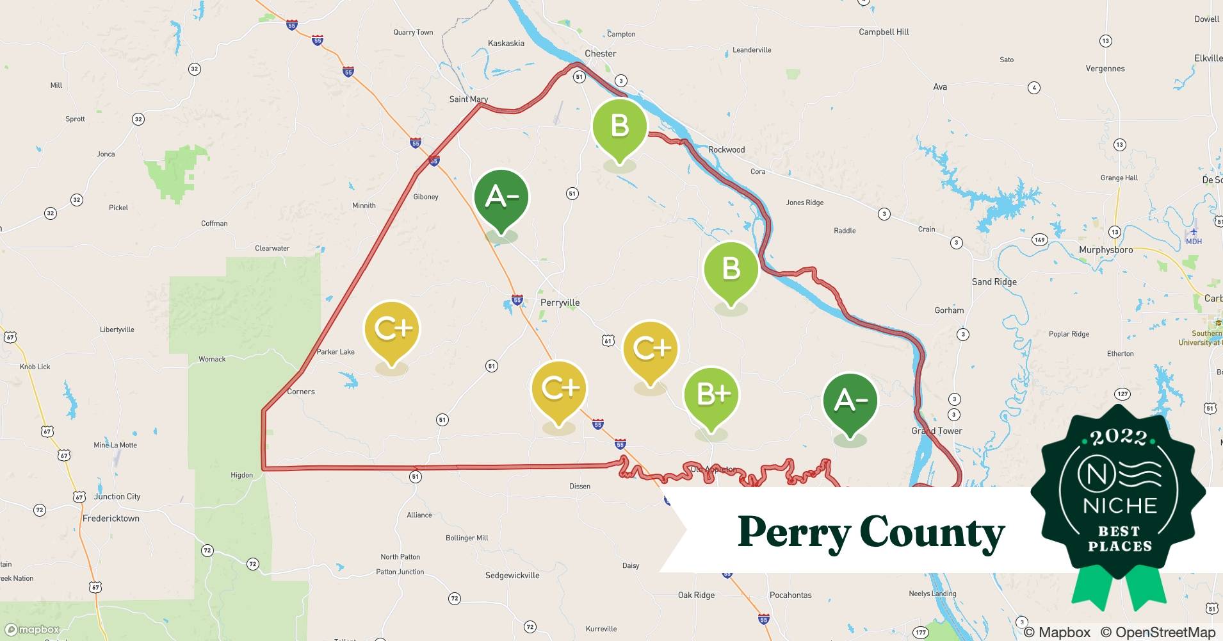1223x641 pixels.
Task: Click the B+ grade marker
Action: click(711, 395)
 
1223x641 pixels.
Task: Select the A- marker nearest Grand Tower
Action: click(850, 401)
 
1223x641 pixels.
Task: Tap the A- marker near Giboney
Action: click(501, 197)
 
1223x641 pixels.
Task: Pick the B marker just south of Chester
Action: click(619, 126)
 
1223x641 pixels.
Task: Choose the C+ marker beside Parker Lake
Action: click(392, 329)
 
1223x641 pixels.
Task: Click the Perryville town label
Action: click(560, 303)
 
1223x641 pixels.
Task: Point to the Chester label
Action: click(600, 54)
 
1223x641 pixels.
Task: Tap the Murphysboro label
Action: click(1106, 250)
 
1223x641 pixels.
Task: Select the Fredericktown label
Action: click(111, 519)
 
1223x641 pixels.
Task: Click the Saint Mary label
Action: click(468, 99)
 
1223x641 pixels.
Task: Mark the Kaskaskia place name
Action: click(506, 44)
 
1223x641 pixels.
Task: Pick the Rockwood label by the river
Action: click(726, 150)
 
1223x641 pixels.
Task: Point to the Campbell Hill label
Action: click(884, 32)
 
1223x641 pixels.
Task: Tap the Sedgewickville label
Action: click(512, 576)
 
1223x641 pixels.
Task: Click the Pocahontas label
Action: click(790, 595)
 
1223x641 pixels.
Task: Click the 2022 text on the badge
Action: click(1119, 438)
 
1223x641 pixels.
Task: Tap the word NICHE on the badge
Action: click(1119, 506)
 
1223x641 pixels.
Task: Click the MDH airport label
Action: click(1194, 242)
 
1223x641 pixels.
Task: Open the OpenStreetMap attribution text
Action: click(1158, 632)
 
